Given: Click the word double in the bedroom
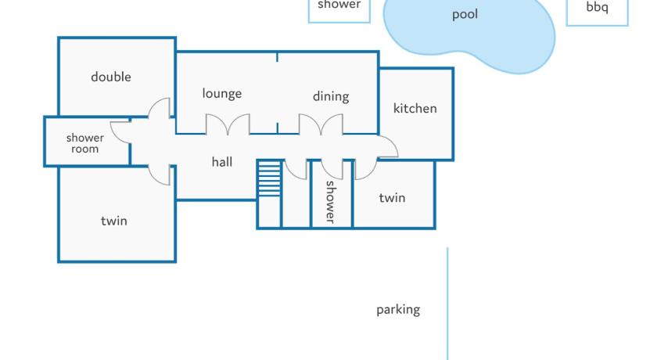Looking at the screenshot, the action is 111,77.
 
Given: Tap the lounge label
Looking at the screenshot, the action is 221,93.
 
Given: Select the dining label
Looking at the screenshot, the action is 331,96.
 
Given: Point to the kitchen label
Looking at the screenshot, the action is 415,109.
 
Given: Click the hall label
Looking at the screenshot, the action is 221,162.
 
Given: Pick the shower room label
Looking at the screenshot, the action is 85,143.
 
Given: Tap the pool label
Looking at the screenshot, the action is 465,15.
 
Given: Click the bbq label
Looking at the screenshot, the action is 597,7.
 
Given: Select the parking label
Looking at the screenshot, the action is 398,310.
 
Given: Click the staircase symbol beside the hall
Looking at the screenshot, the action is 269,178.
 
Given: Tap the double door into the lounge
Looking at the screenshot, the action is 228,124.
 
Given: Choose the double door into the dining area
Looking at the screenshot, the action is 321,124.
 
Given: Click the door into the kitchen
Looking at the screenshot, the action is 388,146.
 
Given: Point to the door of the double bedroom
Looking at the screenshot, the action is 160,108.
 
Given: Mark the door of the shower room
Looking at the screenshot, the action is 120,132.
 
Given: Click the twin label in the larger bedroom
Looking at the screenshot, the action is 114,221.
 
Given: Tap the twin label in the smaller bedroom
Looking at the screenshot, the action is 392,198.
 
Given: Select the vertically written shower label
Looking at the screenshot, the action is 331,202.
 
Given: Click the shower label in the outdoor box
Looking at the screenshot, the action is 339,5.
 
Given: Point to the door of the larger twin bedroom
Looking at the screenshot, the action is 160,175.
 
